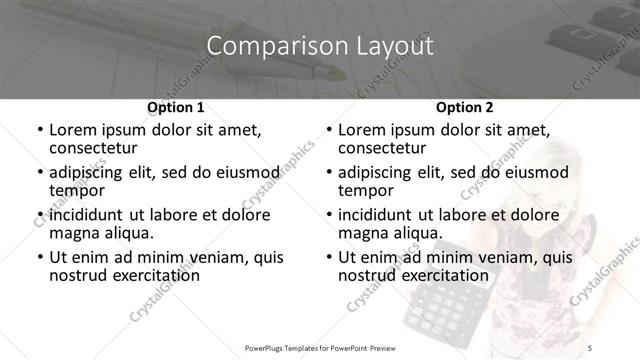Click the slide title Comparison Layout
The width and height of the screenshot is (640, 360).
tap(320, 45)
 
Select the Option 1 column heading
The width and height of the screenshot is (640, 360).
tap(175, 106)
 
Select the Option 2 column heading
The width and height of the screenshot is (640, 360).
tap(465, 106)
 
